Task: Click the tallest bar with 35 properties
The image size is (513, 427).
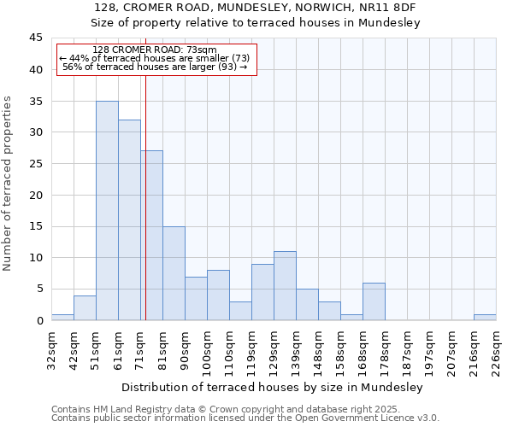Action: point(107,211)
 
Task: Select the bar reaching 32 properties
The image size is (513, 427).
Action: point(129,220)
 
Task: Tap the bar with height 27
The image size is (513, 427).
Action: point(152,236)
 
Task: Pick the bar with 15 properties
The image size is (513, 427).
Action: point(174,273)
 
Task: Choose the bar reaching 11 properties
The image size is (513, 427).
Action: point(285,286)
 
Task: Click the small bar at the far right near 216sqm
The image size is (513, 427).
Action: point(485,318)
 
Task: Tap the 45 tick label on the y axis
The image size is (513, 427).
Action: point(35,38)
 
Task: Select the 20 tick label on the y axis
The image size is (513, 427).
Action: point(35,195)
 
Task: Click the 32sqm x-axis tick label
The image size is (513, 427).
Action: point(51,348)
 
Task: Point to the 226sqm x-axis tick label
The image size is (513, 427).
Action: point(496,348)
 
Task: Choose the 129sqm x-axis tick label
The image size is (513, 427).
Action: point(274,348)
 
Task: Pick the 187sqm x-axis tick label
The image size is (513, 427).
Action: point(407,348)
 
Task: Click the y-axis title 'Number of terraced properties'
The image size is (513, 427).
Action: point(9,184)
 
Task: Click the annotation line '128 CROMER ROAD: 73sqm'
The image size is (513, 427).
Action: point(155,50)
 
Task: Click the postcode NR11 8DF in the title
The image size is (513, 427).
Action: point(388,7)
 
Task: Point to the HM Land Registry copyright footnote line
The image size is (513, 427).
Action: point(226,409)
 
